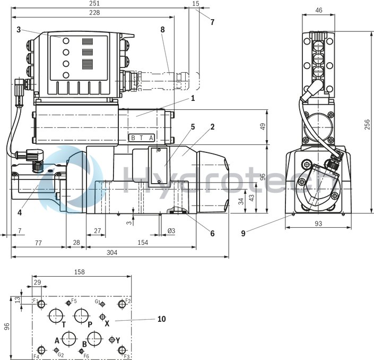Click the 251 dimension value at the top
94,4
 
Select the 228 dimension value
94,13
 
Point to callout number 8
163,29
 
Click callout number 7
212,22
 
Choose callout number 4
19,213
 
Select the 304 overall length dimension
111,253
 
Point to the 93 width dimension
318,224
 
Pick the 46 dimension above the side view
318,10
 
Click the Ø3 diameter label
172,232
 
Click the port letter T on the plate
64,324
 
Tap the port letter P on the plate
90,324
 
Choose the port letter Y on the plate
118,340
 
